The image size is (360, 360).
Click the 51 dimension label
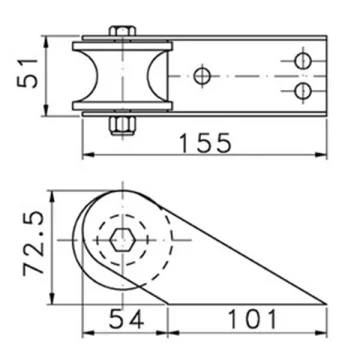(28, 73)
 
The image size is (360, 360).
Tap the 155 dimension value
(205, 143)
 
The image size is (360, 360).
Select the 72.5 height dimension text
(34, 244)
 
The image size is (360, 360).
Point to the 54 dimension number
(127, 319)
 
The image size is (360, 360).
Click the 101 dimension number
(252, 319)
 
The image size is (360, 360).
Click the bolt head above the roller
(123, 31)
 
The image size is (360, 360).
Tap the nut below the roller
(123, 126)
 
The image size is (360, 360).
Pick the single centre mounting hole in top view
(202, 76)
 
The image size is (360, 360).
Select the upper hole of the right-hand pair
(303, 61)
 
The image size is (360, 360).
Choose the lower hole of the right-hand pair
(303, 91)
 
